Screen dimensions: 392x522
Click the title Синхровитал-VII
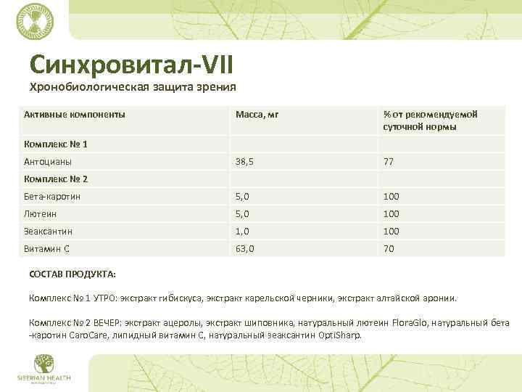(x=131, y=64)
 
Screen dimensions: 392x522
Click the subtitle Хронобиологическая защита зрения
(x=133, y=89)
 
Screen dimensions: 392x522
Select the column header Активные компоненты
(x=74, y=115)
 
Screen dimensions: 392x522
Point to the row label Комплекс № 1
(x=56, y=144)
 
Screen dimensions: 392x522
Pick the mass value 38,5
(x=244, y=162)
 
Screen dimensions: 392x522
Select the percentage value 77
(x=389, y=162)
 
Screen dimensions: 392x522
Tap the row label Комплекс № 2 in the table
(x=56, y=179)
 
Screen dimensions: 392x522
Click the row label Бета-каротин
(x=52, y=197)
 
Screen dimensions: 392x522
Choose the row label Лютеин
(x=41, y=214)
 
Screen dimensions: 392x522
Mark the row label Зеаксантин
(x=49, y=232)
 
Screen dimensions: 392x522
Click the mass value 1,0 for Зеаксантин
(x=241, y=232)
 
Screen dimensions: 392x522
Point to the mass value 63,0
(x=244, y=249)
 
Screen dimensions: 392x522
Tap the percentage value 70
(x=389, y=249)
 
